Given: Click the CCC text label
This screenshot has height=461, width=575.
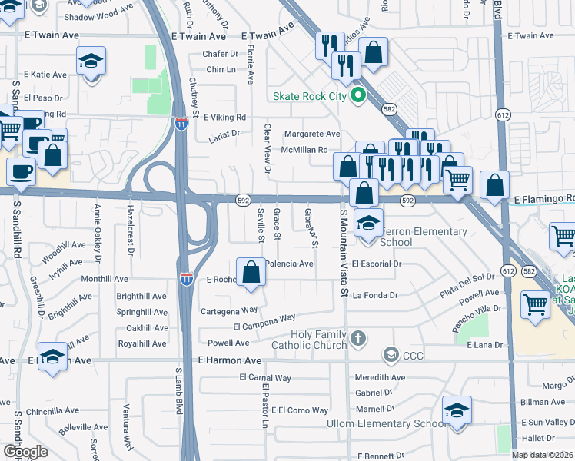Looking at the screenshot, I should (x=414, y=355).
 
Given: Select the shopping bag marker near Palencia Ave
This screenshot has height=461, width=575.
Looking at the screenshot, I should (x=251, y=272).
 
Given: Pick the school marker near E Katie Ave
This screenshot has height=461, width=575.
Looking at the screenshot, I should (x=91, y=61).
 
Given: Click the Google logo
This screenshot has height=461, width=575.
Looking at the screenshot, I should (x=25, y=451).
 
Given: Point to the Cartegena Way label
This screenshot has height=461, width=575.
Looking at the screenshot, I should (x=228, y=310).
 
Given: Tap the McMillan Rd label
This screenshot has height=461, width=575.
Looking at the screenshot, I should (x=305, y=150).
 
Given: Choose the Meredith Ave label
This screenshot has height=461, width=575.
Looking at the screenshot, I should (x=380, y=378).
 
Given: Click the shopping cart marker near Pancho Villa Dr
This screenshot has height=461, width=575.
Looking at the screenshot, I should (x=535, y=304).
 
